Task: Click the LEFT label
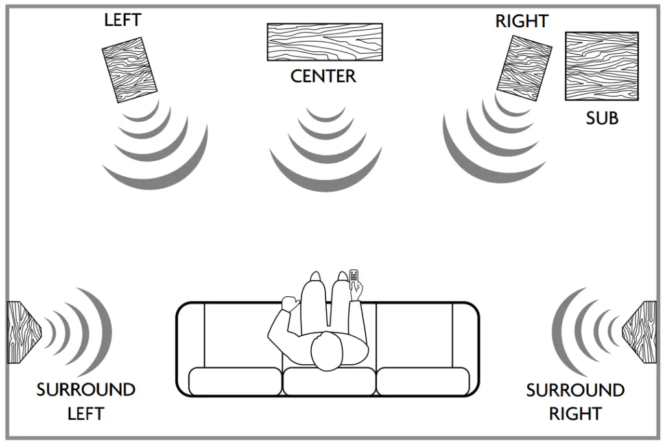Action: coord(122,19)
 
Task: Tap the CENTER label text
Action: coord(323,76)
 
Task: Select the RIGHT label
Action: coord(521,21)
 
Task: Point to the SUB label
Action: coord(602,119)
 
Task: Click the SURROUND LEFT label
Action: coord(86,401)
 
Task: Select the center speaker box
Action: coord(324,42)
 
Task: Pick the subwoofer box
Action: coord(601,65)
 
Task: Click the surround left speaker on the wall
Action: coord(21,331)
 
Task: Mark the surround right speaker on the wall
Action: coord(642,332)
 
